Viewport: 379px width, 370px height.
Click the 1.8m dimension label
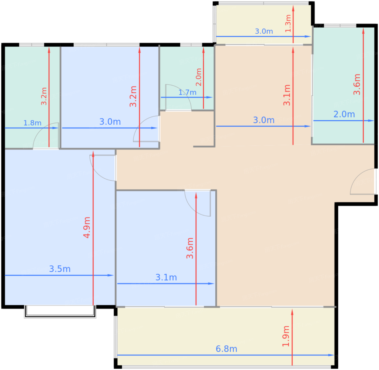[32, 123]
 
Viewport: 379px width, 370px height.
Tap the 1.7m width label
[187, 92]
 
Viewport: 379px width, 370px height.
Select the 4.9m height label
[87, 227]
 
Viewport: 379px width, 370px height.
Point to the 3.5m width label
[60, 269]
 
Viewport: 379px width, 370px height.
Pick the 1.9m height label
[286, 336]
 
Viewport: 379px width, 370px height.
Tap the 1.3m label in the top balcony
[288, 23]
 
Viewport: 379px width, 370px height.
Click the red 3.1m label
[287, 95]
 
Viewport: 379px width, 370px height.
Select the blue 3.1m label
[166, 277]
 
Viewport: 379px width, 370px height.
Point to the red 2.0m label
[198, 77]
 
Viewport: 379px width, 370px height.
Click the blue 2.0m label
[344, 114]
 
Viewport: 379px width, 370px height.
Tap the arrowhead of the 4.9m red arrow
[93, 154]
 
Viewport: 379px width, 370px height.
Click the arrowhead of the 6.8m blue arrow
[331, 355]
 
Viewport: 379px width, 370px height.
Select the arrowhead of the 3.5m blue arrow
[111, 275]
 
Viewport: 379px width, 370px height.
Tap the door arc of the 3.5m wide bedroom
[97, 173]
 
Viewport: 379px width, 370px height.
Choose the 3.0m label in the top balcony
[264, 31]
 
